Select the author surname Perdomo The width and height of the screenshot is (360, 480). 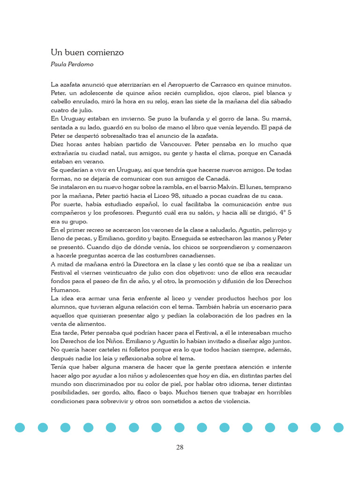coord(82,64)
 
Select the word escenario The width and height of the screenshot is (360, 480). coord(262,307)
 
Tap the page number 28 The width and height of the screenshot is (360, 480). coord(180,447)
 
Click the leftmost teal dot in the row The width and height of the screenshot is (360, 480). coord(20,427)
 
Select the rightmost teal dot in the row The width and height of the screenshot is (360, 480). coord(338,427)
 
